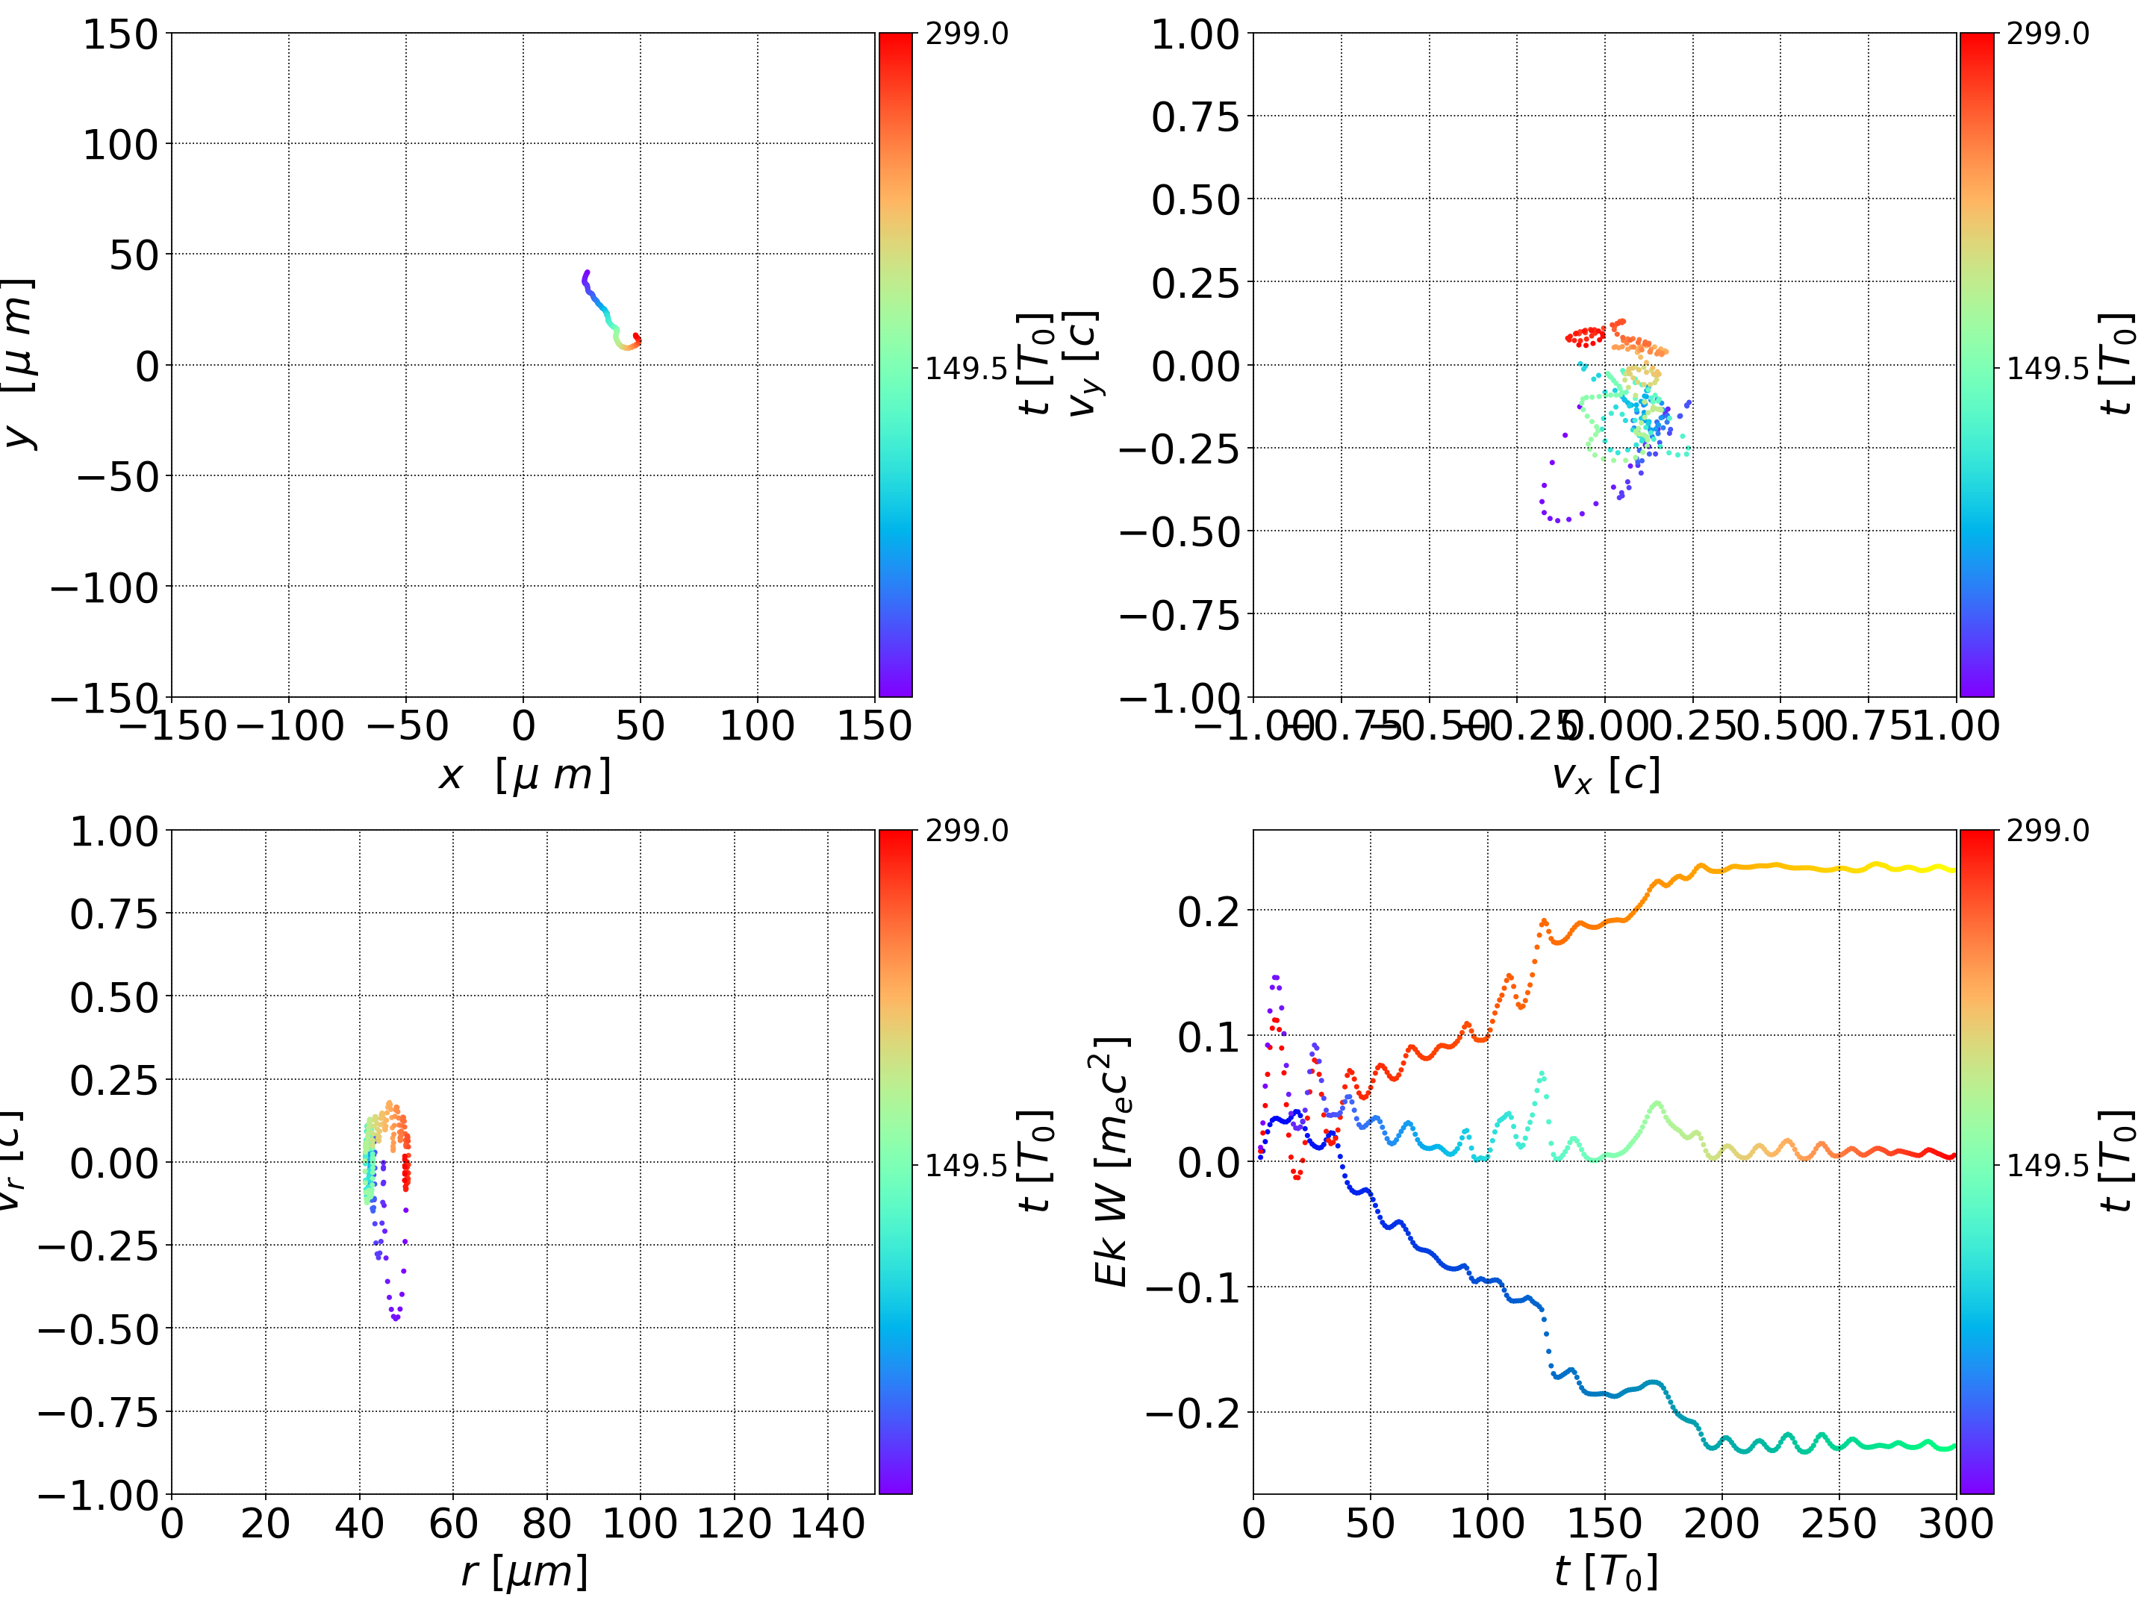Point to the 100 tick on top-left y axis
click(119, 145)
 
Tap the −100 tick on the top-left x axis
click(290, 726)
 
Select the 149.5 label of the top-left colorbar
click(966, 369)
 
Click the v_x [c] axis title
click(1605, 775)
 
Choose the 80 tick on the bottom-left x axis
click(546, 1523)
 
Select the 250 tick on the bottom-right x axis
click(1839, 1523)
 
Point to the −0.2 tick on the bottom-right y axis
click(1193, 1412)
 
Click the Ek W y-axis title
click(1111, 1161)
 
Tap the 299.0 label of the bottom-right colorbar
click(2048, 831)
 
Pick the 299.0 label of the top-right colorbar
click(2048, 34)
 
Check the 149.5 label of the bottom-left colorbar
click(966, 1164)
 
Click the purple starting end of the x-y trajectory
click(587, 273)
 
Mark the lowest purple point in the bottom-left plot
click(396, 1319)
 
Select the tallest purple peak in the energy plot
click(1275, 977)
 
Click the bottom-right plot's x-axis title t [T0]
click(1605, 1572)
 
